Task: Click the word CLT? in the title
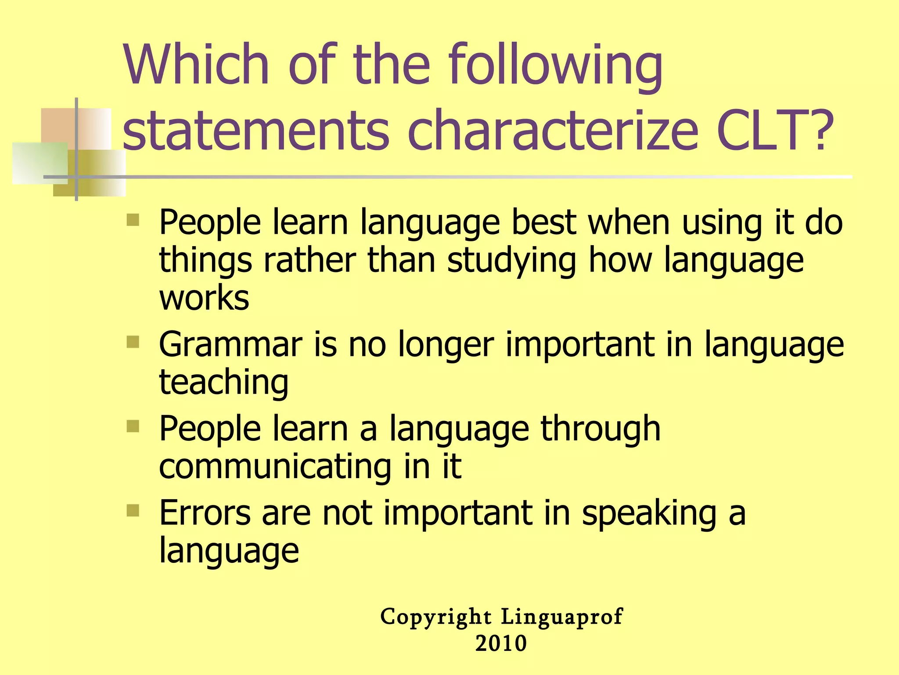point(775,131)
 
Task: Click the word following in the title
point(556,66)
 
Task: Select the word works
point(204,298)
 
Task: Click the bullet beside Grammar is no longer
point(133,341)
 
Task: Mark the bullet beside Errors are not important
point(133,510)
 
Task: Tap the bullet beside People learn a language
point(133,426)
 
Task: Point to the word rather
point(309,260)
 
